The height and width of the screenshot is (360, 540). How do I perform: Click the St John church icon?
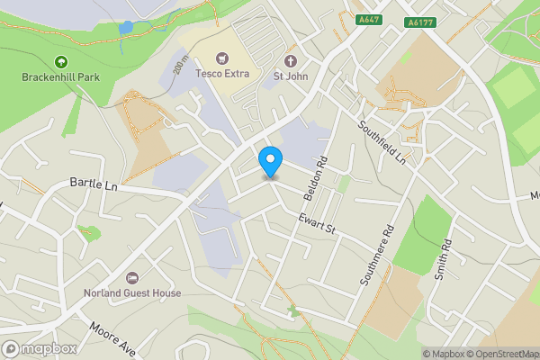tap(290, 61)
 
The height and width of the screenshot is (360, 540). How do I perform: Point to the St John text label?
tap(290, 76)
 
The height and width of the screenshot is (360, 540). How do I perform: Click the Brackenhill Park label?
tap(61, 76)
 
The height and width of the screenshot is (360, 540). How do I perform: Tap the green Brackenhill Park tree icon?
tap(61, 61)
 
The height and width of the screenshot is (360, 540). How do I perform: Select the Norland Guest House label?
tap(133, 292)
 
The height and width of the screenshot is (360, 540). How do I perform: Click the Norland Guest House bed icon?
tap(133, 277)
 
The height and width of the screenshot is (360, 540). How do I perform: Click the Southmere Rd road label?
tap(377, 255)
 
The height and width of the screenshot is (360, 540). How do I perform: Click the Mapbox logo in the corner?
tap(39, 348)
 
